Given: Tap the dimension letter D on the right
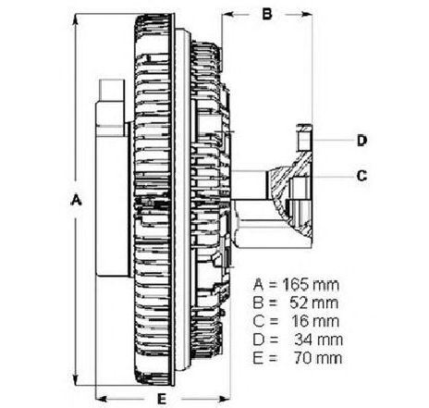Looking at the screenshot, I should [x=362, y=141].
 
